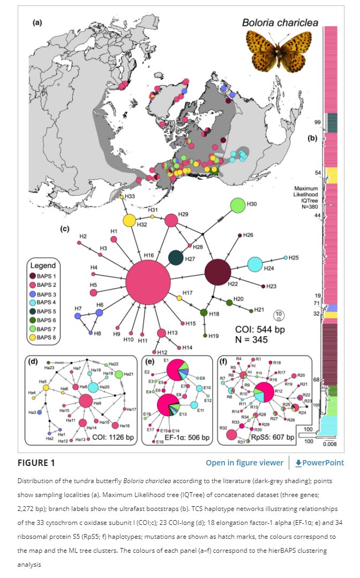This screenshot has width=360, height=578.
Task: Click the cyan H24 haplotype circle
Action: tap(255, 264)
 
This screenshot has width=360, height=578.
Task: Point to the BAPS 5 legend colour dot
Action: tap(34, 310)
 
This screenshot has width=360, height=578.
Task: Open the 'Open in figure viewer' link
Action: tap(244, 463)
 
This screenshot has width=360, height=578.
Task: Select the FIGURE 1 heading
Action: tap(36, 463)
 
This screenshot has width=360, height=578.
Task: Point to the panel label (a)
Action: tap(37, 23)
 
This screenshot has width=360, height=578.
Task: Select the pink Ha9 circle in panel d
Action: tap(85, 401)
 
